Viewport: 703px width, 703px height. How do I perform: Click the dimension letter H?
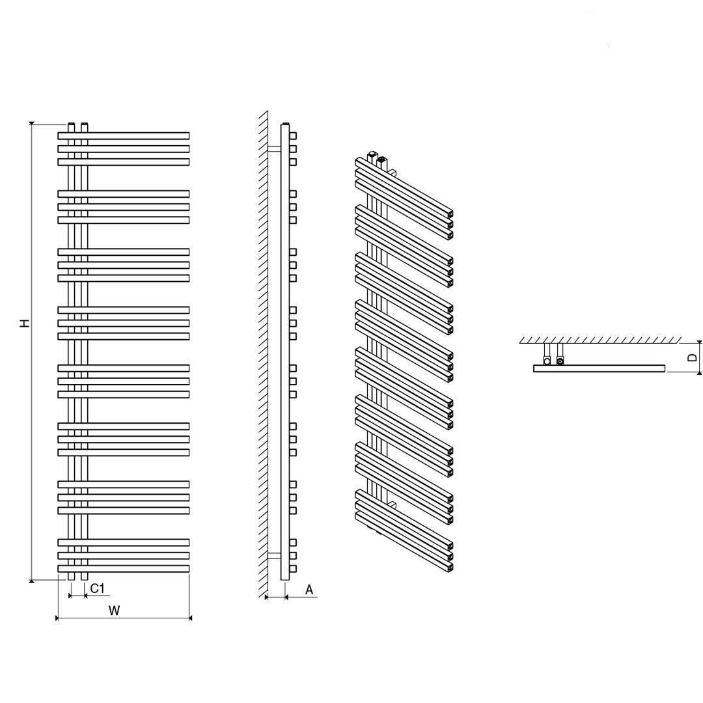click(x=26, y=323)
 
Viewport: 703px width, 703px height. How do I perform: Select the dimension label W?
click(x=115, y=610)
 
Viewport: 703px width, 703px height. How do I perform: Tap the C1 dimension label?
click(x=97, y=588)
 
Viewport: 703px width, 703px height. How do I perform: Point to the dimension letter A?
click(x=309, y=590)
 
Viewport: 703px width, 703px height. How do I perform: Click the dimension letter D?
click(x=692, y=357)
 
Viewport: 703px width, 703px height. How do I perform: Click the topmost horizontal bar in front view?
click(x=123, y=135)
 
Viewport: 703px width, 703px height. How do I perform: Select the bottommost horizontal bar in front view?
click(x=123, y=568)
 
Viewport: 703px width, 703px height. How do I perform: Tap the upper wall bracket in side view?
click(x=275, y=148)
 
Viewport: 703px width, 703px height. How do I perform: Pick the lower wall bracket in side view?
click(x=275, y=555)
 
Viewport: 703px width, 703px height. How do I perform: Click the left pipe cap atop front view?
click(x=71, y=124)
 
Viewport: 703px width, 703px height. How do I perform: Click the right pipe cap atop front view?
click(x=84, y=124)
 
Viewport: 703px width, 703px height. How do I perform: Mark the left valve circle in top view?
click(x=547, y=361)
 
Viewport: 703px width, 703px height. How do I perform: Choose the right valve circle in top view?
click(x=560, y=361)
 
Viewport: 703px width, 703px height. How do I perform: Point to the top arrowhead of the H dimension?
click(x=31, y=124)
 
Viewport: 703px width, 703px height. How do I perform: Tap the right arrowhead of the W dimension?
click(x=190, y=618)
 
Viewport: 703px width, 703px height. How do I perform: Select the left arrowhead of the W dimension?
click(x=57, y=618)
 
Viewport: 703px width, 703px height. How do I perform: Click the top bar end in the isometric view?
click(x=449, y=214)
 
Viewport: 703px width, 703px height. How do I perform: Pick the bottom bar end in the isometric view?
click(x=449, y=567)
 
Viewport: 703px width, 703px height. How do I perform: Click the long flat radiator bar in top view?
click(x=600, y=368)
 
